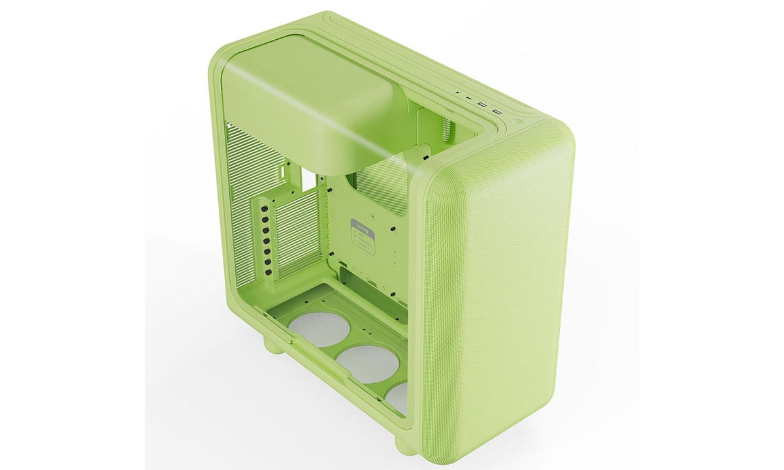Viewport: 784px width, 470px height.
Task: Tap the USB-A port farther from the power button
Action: [x=482, y=104]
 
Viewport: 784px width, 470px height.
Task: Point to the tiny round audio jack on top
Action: [x=457, y=93]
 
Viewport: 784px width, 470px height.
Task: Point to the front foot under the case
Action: [x=406, y=445]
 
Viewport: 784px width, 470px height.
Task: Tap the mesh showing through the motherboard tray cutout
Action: [x=385, y=186]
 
